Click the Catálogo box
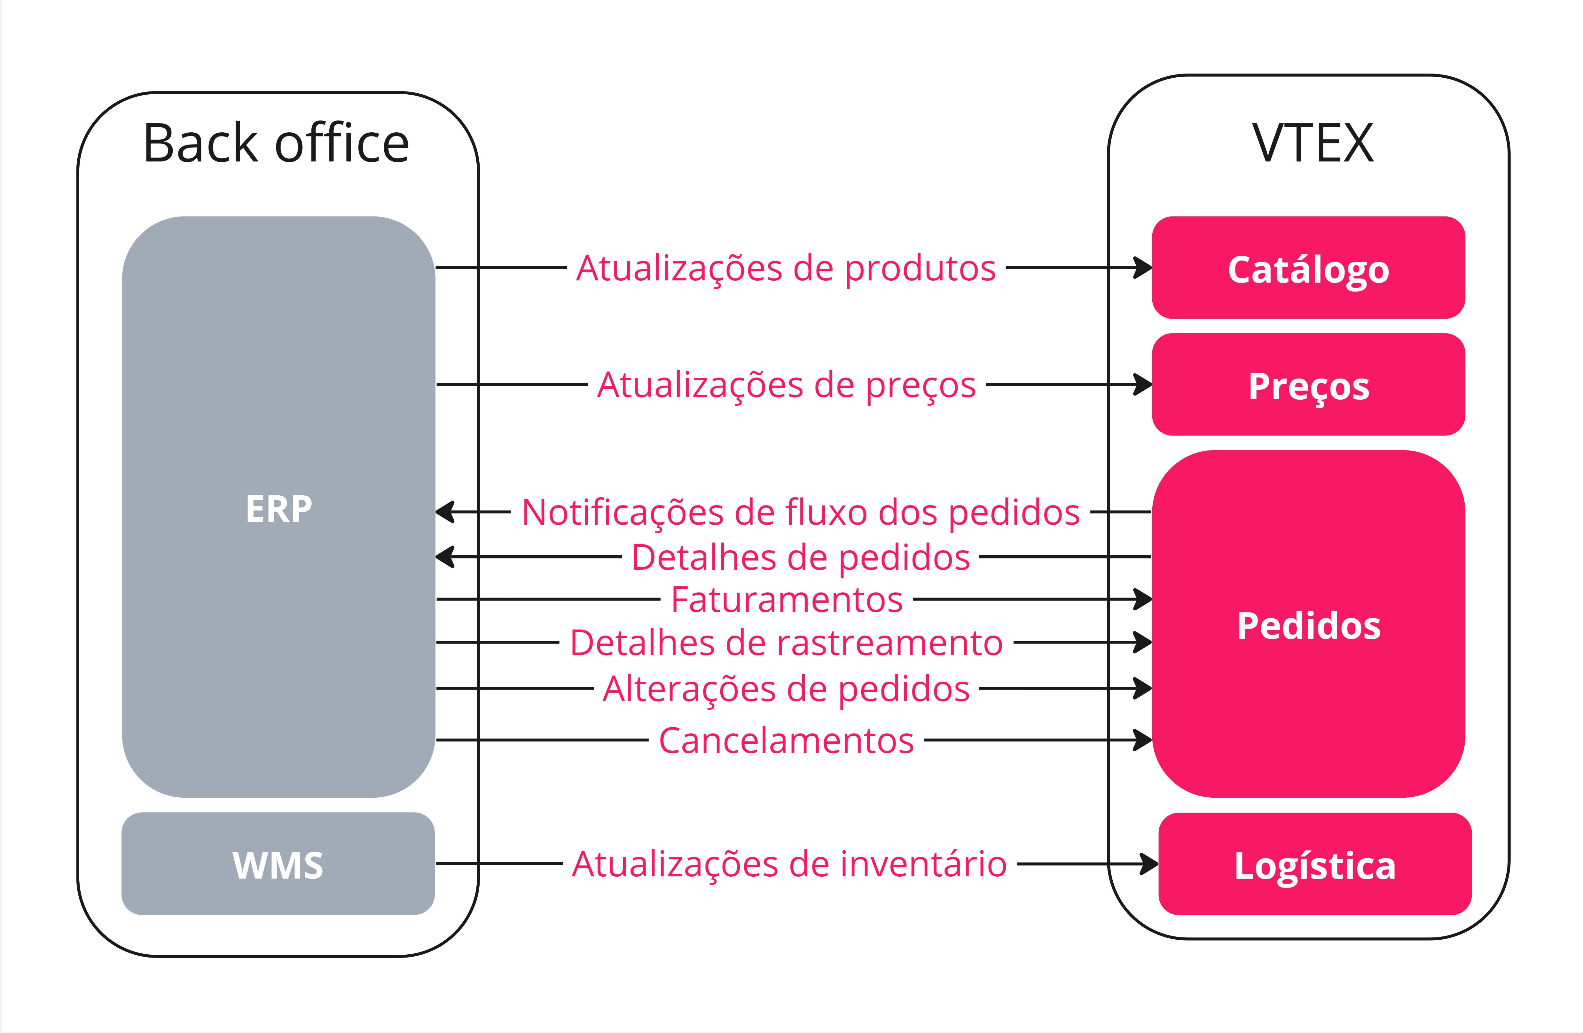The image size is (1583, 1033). [1308, 268]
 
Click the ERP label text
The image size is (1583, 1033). [279, 509]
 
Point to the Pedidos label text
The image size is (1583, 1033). [1308, 626]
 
